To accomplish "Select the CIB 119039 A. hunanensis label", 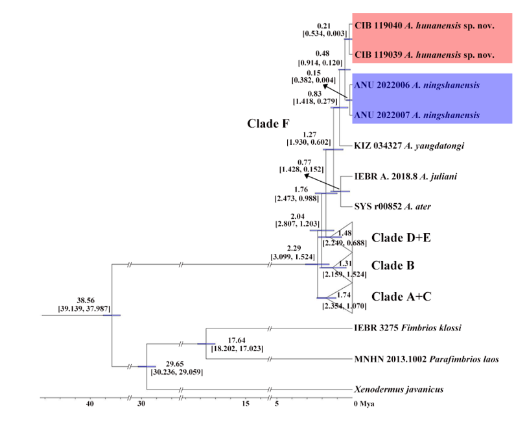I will click(425, 55).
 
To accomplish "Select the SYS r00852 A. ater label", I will click(393, 206).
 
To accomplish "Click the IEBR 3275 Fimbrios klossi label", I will click(408, 328).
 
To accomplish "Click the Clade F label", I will click(268, 123).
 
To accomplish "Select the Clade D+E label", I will click(401, 238).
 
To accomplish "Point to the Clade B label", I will click(392, 266).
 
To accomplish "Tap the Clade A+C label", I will click(401, 296).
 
